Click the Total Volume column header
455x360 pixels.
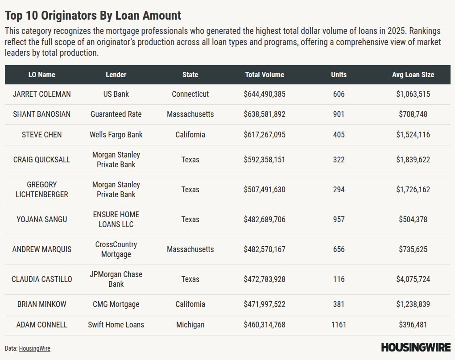click(x=265, y=75)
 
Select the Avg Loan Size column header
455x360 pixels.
click(x=413, y=75)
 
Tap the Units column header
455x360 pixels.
click(x=339, y=75)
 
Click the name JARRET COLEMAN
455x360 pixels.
click(x=41, y=94)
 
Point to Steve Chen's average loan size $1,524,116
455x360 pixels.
click(x=413, y=135)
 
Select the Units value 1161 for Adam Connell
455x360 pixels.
click(x=339, y=325)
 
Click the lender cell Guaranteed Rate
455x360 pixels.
click(x=116, y=114)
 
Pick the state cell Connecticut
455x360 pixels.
click(x=190, y=94)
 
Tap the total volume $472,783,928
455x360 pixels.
click(x=265, y=279)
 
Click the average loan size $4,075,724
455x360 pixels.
click(x=413, y=279)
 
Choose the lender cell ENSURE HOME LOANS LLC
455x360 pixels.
click(x=116, y=219)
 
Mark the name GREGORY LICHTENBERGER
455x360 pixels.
click(x=41, y=190)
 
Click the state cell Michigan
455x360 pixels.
click(x=190, y=325)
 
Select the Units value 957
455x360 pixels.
click(x=339, y=219)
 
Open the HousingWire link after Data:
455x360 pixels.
click(x=34, y=348)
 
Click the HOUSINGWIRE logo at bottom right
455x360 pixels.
click(x=416, y=347)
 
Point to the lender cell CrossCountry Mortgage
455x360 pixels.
click(x=116, y=249)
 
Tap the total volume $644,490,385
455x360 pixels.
click(x=265, y=94)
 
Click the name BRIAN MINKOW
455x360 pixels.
click(x=41, y=304)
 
